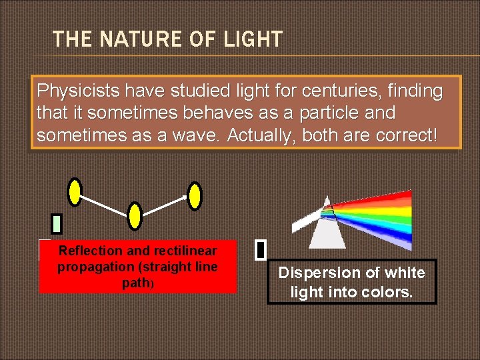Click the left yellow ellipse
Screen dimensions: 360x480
tap(75, 192)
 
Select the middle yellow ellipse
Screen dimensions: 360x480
tap(135, 216)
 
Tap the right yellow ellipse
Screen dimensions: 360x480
tap(195, 196)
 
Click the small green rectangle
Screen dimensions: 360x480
tap(57, 223)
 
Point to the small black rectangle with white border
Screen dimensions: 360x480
tap(261, 250)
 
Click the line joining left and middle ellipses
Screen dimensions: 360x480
tap(105, 204)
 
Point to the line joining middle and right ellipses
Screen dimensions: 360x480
tap(165, 205)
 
